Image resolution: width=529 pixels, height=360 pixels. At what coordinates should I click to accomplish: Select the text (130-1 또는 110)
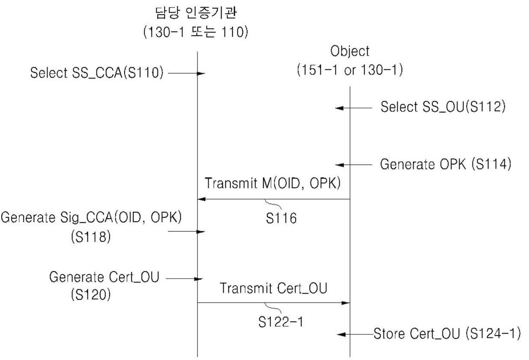[x=197, y=33]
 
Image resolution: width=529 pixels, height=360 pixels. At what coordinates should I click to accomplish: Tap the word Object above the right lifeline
[x=350, y=51]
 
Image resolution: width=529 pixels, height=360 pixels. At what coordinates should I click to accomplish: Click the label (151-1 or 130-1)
[x=350, y=70]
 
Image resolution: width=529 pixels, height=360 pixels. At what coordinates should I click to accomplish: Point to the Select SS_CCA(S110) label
[x=97, y=74]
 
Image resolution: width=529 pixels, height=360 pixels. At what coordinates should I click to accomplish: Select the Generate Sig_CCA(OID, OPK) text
[x=92, y=217]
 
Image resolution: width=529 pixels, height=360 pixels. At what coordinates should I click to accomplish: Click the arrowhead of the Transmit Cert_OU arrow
[x=346, y=303]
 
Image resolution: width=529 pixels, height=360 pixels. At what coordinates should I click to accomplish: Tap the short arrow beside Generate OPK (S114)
[x=354, y=164]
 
